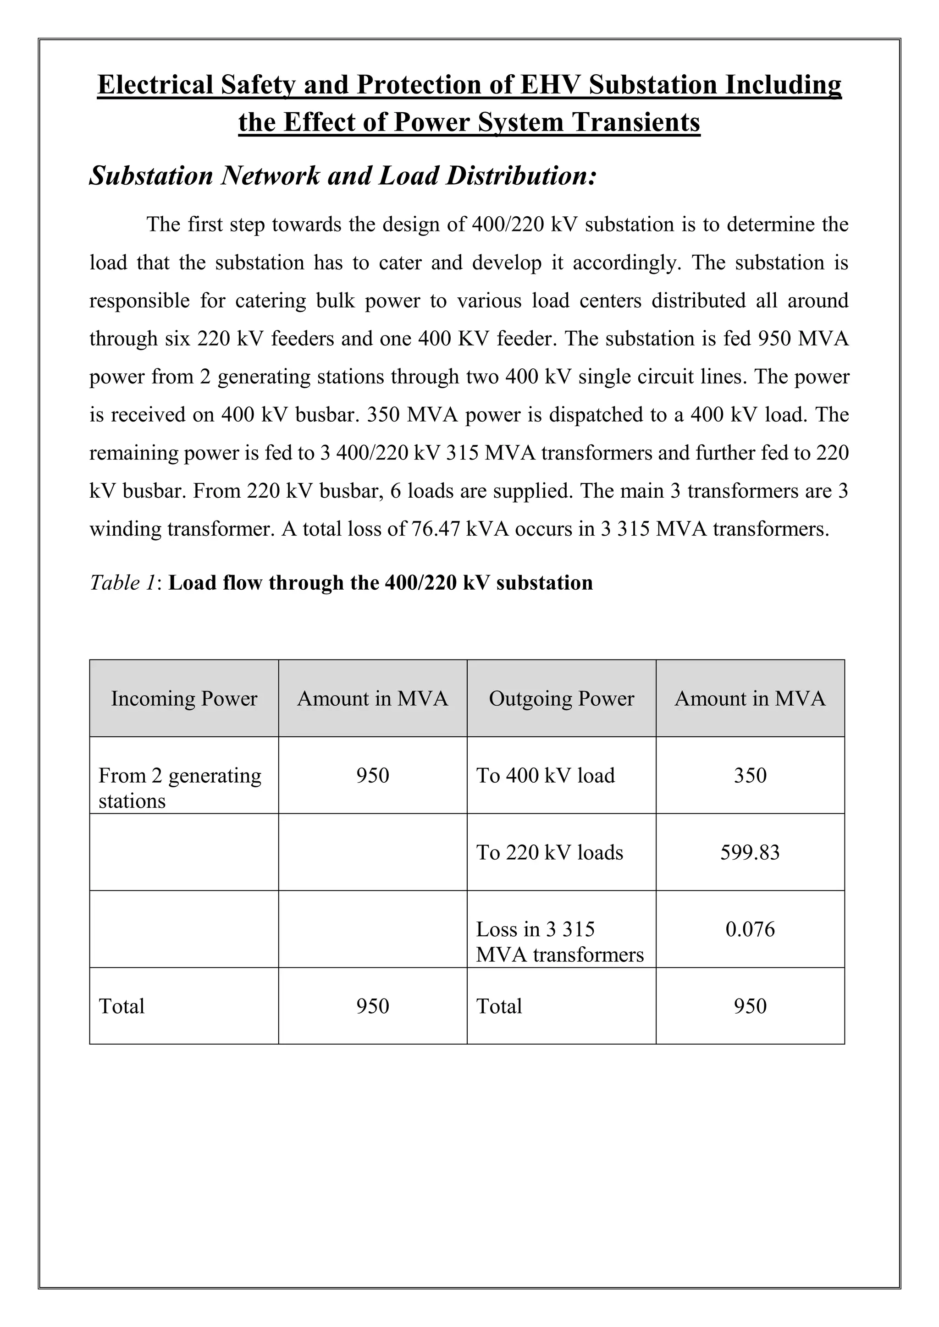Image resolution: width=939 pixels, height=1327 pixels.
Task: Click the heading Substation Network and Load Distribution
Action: click(342, 175)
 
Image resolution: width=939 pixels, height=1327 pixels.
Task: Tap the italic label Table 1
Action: click(122, 582)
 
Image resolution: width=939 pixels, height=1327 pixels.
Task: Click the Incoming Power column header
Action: click(184, 699)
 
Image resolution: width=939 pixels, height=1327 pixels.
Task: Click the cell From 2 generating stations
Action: click(180, 787)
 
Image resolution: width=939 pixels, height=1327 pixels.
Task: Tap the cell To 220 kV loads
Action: click(549, 852)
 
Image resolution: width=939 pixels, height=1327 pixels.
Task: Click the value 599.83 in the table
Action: click(750, 852)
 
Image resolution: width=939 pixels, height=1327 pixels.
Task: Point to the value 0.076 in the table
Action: click(750, 929)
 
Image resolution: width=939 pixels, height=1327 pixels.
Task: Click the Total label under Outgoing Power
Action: click(498, 1006)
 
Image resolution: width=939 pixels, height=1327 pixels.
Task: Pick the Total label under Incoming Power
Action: click(122, 1006)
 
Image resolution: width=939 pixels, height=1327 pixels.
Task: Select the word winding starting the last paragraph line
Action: click(124, 529)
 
